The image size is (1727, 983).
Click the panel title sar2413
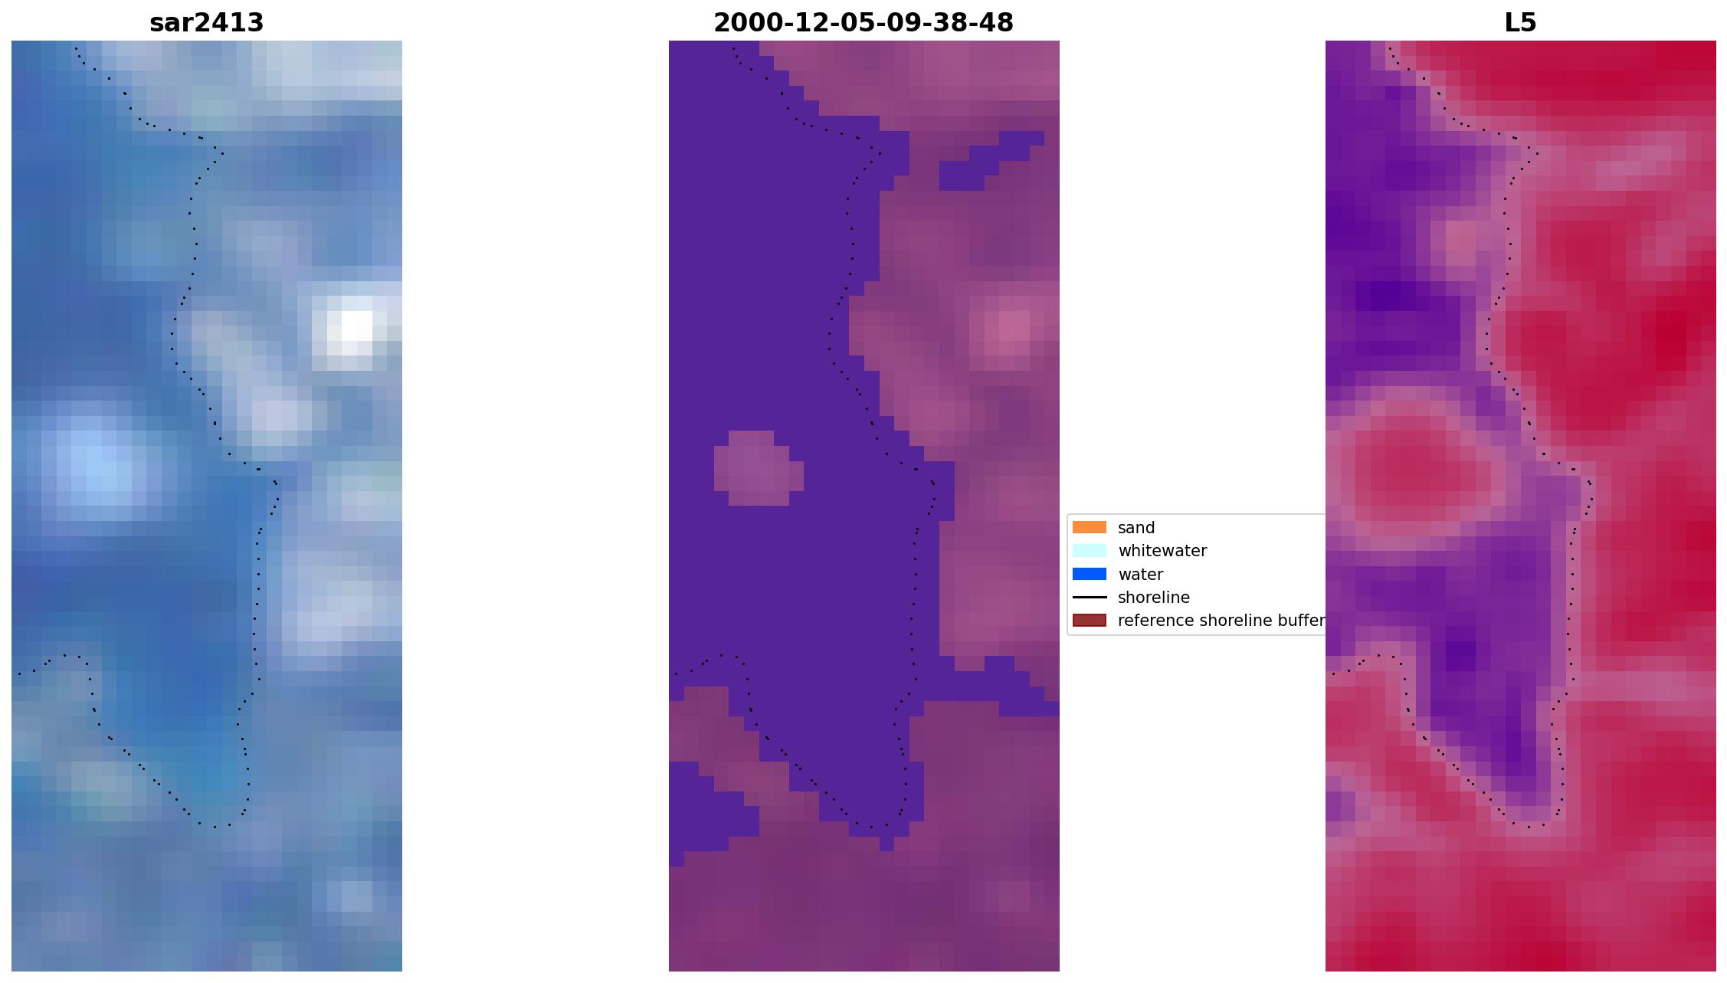click(206, 23)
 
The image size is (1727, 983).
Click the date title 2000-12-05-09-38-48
click(863, 23)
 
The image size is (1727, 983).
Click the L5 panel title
click(1520, 23)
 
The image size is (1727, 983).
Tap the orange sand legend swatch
click(1089, 527)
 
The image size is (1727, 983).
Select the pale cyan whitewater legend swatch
click(1089, 550)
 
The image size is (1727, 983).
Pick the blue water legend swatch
click(1089, 574)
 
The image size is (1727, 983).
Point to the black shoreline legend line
click(1089, 597)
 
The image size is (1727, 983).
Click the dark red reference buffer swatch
click(1089, 620)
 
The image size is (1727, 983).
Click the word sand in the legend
click(1136, 528)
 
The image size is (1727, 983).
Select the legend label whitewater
click(1162, 551)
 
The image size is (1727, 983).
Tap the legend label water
click(1140, 575)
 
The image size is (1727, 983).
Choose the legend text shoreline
click(1154, 598)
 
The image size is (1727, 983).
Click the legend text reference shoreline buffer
click(1221, 621)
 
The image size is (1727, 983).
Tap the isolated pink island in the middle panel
click(759, 468)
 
